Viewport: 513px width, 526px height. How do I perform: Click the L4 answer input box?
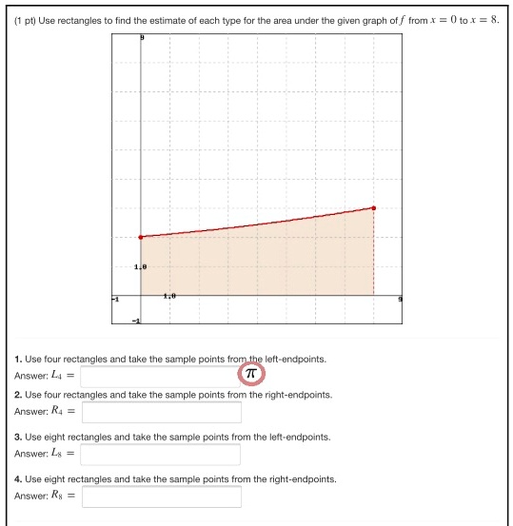click(160, 376)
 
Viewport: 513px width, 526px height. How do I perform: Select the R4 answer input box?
click(161, 411)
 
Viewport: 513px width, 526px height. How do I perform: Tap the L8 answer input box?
click(161, 454)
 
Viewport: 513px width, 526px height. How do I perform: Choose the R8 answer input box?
click(161, 497)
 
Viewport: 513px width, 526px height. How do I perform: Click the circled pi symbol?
click(251, 374)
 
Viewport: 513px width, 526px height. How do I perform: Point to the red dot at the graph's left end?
click(141, 237)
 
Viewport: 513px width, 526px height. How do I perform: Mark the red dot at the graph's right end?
click(374, 207)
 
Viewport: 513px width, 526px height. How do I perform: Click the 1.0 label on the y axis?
click(141, 267)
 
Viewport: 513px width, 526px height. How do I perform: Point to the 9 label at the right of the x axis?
click(400, 299)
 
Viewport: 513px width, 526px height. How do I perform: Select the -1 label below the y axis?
click(136, 321)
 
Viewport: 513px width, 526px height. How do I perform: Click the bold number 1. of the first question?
click(18, 360)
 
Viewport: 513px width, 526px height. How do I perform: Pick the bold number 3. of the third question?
click(18, 437)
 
